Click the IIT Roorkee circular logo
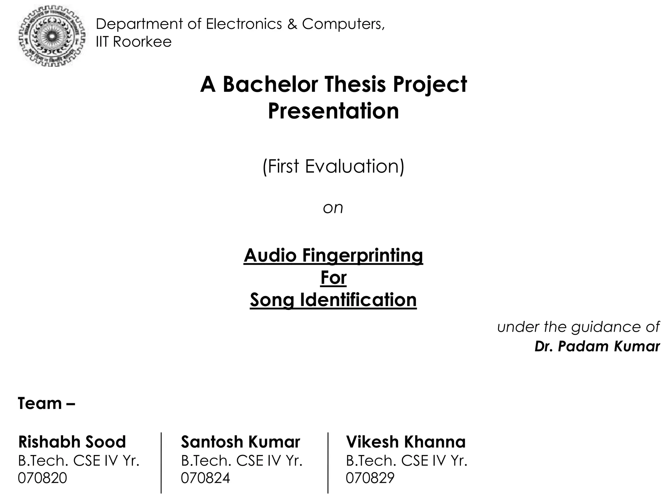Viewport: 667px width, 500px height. (x=52, y=35)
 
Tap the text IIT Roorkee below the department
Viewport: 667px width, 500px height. (x=134, y=42)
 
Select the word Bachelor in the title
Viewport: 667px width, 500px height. (x=270, y=84)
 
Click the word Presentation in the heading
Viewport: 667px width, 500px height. (x=333, y=111)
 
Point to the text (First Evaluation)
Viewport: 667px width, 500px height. (x=333, y=166)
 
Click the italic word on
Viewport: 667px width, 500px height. (x=333, y=208)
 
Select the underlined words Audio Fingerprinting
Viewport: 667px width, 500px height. (x=333, y=255)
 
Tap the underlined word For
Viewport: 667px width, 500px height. (x=333, y=278)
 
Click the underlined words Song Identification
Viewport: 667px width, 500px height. (x=333, y=300)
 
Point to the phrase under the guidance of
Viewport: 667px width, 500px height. (x=578, y=327)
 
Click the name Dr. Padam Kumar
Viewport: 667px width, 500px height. (x=597, y=346)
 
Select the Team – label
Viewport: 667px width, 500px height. (x=46, y=404)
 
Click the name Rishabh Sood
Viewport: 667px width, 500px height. (x=72, y=442)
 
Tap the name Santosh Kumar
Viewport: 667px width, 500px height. (x=240, y=442)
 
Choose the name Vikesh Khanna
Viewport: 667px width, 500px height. (x=405, y=442)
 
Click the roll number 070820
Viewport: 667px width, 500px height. (x=42, y=478)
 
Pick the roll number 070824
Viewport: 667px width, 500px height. (x=205, y=478)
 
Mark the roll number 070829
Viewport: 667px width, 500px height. (x=370, y=478)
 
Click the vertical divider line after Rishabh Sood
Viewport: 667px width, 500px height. (x=161, y=462)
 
